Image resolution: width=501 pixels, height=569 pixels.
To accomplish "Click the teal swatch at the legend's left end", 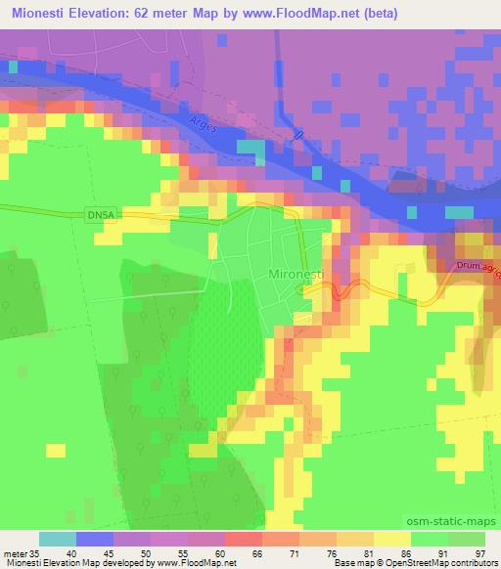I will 58,540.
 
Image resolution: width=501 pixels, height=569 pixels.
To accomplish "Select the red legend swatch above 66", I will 244,540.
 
